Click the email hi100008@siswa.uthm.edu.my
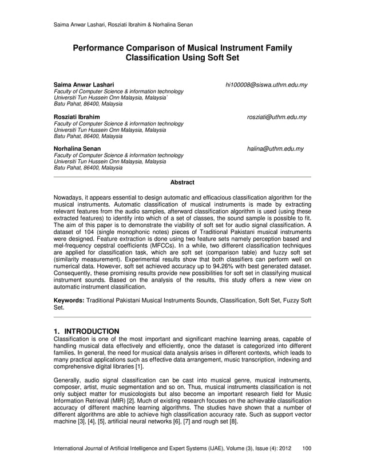point(267,85)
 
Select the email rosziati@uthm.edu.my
point(276,117)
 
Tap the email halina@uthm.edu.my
point(275,149)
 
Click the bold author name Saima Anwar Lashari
point(84,85)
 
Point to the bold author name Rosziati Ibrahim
point(77,117)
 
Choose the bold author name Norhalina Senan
point(77,149)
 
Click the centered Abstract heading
point(182,183)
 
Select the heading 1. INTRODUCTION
point(86,331)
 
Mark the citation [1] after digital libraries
point(137,367)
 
